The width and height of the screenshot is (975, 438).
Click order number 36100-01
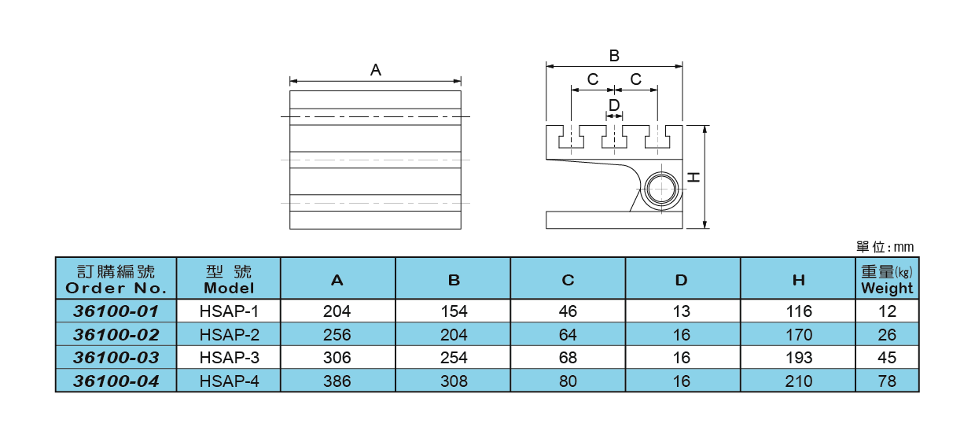(116, 311)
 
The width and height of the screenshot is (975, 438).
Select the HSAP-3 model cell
(229, 358)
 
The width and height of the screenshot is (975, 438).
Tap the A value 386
(337, 381)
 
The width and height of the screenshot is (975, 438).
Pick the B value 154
(453, 311)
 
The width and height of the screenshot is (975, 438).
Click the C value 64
(568, 335)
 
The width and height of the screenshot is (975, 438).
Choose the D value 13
(682, 311)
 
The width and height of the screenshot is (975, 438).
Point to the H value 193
(798, 358)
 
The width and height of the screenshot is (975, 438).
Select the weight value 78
(887, 381)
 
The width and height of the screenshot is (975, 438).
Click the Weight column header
(887, 279)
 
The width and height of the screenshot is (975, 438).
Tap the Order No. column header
(116, 279)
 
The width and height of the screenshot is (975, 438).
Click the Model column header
(229, 279)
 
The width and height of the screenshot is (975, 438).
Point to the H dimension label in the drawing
(694, 178)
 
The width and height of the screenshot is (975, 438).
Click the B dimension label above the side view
(614, 56)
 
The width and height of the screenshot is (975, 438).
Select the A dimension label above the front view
(376, 70)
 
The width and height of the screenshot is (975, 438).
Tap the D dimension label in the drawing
(614, 105)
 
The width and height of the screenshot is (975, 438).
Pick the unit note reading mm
(885, 248)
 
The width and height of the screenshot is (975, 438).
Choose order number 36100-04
(116, 381)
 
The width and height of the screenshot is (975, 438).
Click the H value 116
(798, 311)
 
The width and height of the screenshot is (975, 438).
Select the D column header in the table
(682, 279)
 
